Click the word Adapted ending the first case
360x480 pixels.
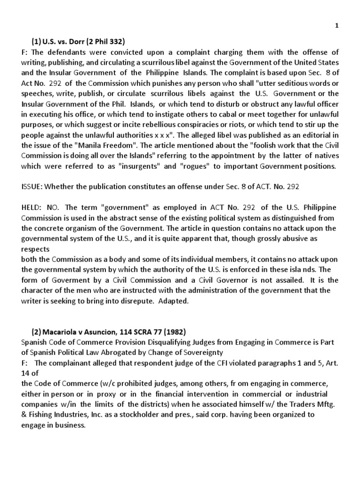[172, 301]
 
